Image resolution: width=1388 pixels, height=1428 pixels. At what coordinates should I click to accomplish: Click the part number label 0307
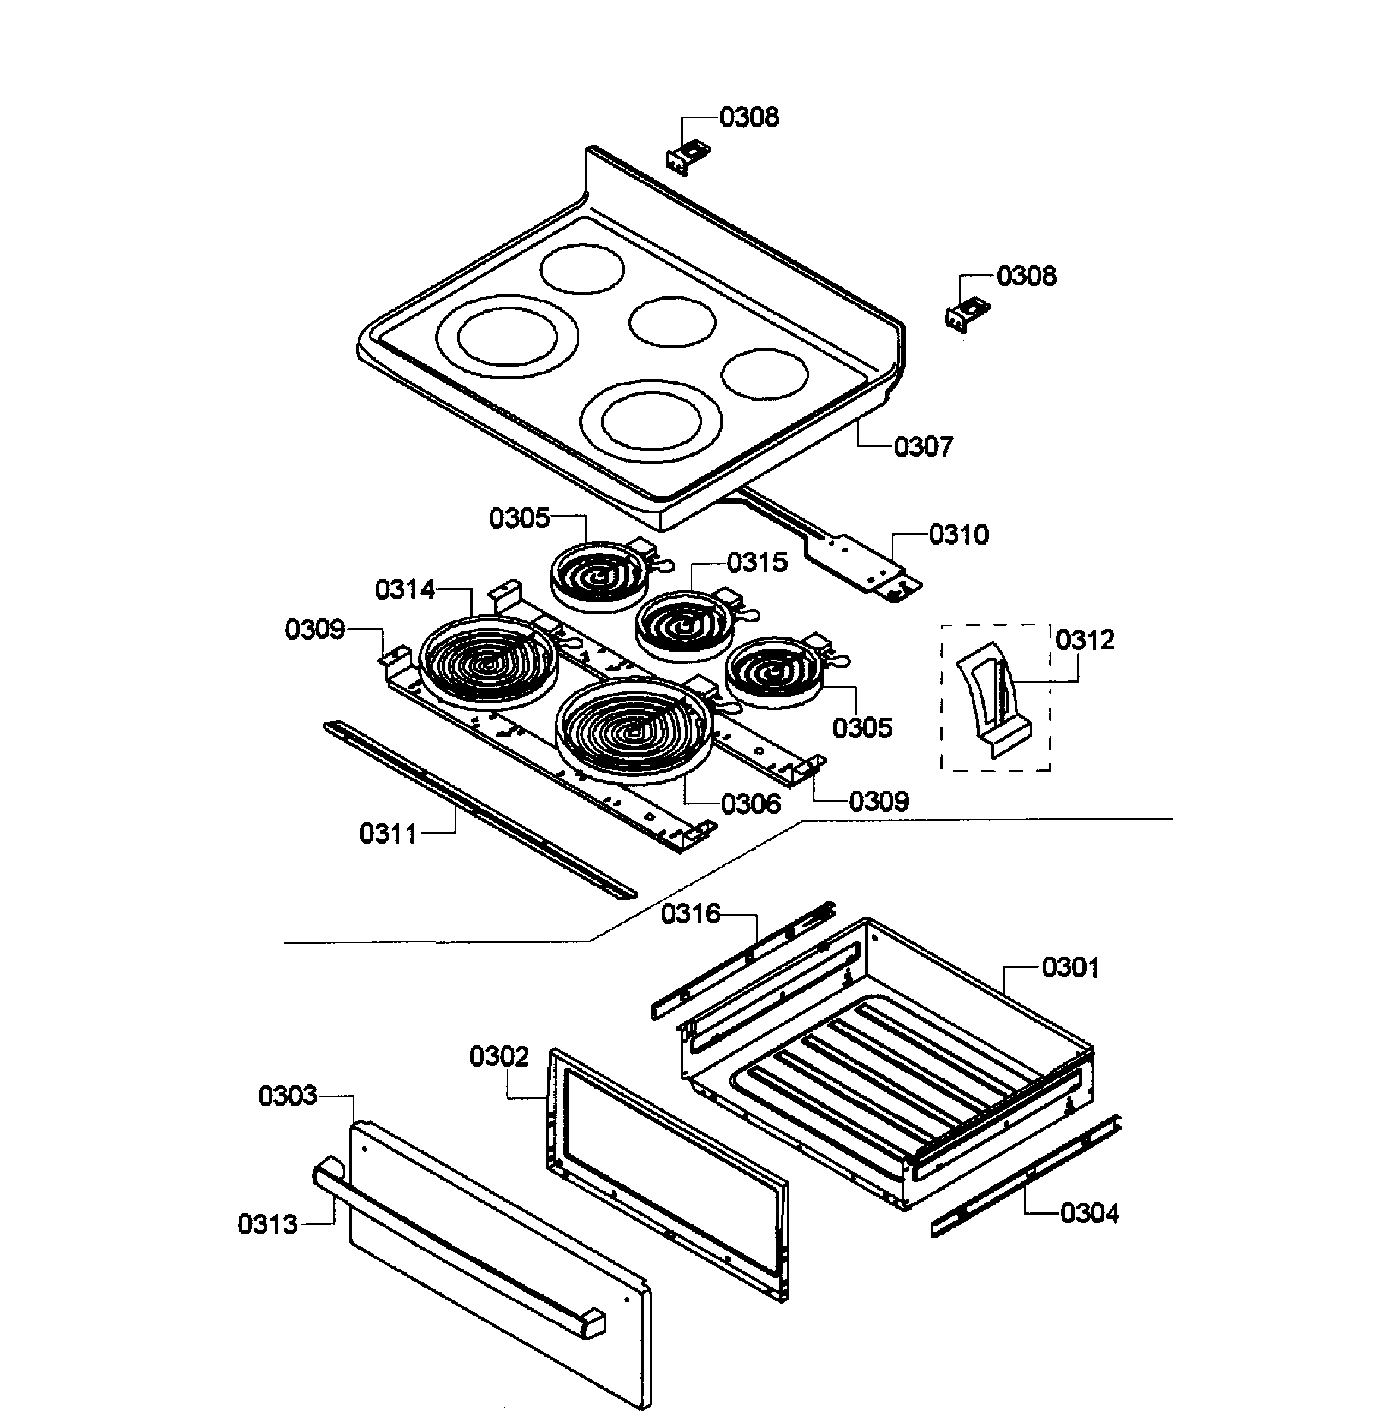[923, 447]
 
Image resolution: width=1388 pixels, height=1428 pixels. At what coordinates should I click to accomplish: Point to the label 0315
[758, 562]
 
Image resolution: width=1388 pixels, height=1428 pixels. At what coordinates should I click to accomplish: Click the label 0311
[388, 833]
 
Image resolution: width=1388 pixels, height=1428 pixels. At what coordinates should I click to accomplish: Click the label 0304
[1089, 1213]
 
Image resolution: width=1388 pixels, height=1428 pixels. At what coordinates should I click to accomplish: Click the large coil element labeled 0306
[633, 729]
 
